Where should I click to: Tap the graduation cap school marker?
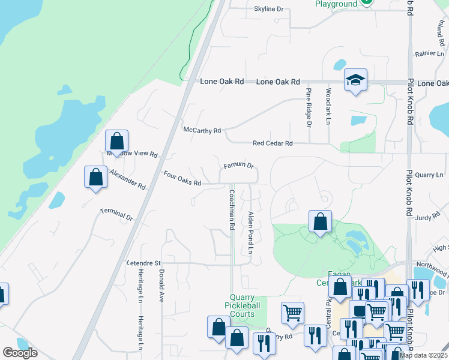[355, 80]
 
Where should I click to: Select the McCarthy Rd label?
[202, 130]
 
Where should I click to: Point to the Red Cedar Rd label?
[273, 143]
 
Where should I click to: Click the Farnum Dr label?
[239, 165]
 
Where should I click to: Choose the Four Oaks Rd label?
[182, 178]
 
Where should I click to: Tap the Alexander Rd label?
[128, 179]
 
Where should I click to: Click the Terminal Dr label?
[116, 214]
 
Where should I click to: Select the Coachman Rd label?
[231, 210]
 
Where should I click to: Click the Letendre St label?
[143, 263]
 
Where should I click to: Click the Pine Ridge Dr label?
[309, 107]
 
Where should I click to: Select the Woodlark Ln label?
[328, 106]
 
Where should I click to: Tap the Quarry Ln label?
[429, 175]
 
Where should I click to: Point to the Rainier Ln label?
[428, 54]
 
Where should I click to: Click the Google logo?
[20, 353]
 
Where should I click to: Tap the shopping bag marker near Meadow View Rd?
[116, 142]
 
